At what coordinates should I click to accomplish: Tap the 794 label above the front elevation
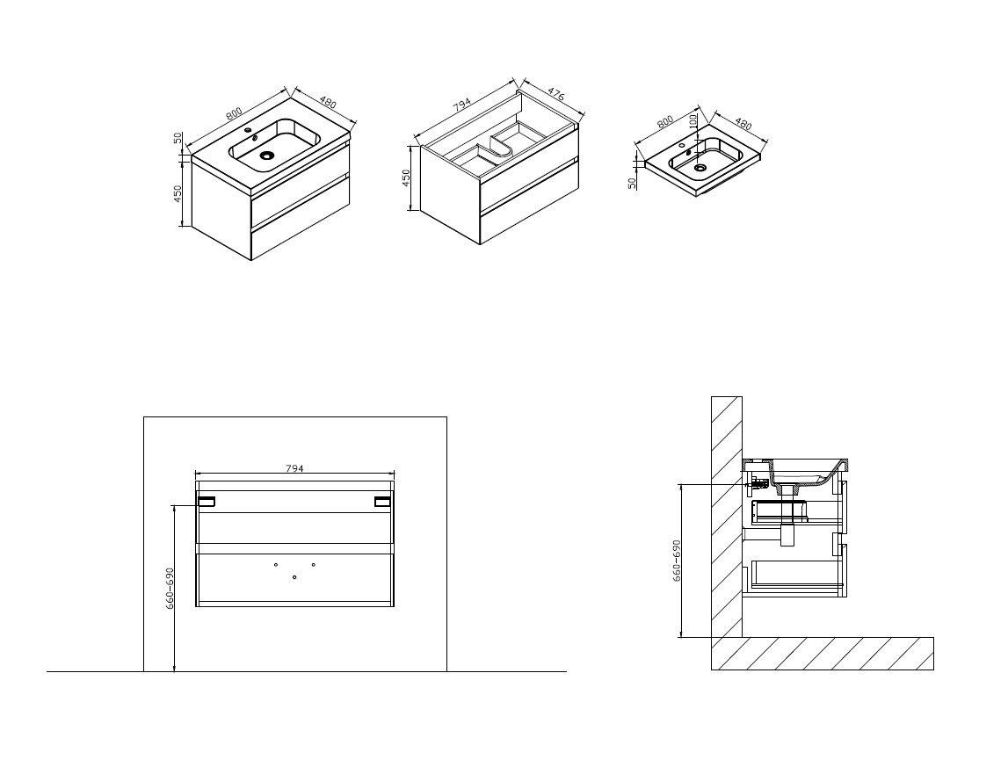(x=294, y=468)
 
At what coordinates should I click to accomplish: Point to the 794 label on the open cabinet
(x=463, y=105)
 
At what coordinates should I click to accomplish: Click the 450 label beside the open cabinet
(x=406, y=178)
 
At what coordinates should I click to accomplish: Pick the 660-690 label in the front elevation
(x=170, y=588)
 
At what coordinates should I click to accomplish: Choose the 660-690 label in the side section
(x=677, y=561)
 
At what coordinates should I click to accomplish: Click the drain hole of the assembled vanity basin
(x=266, y=155)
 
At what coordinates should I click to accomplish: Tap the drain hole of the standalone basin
(x=700, y=168)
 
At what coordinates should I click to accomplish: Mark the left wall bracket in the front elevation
(x=207, y=502)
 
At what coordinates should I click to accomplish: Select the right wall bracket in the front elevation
(x=383, y=502)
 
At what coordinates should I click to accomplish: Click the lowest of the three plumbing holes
(x=294, y=577)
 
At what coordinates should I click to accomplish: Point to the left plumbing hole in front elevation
(x=276, y=565)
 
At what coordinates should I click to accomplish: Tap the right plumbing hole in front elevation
(x=313, y=565)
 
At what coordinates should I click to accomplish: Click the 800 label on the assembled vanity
(x=234, y=112)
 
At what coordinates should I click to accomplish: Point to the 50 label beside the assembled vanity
(x=178, y=138)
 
